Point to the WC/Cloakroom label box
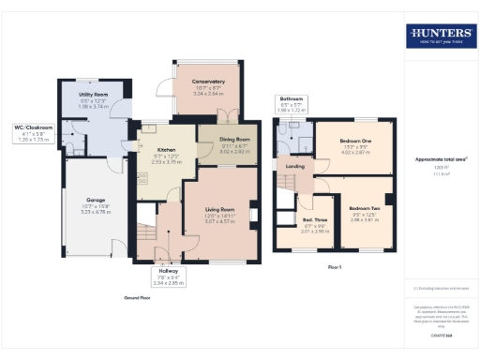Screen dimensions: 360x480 pos(33,132)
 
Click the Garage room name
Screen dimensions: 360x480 pos(96,200)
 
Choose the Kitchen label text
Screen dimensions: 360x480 pos(166,150)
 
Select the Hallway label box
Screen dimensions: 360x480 pos(169,277)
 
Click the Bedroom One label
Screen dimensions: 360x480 pos(355,141)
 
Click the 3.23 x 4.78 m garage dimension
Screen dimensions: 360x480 pos(96,213)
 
